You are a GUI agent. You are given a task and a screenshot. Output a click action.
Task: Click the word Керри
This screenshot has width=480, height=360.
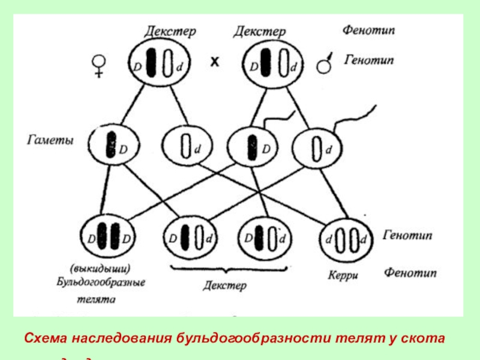(x=343, y=275)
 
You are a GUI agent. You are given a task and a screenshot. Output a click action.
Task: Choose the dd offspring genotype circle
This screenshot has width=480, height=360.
(x=346, y=241)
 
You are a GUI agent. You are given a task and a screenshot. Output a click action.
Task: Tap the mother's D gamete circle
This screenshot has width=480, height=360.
(x=113, y=146)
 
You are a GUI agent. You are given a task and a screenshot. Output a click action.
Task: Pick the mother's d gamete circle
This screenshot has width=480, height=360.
(x=185, y=146)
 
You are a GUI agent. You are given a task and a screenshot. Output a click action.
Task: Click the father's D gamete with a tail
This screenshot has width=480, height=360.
(x=253, y=146)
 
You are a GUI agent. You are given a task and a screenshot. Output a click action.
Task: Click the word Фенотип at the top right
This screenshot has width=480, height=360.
(x=369, y=28)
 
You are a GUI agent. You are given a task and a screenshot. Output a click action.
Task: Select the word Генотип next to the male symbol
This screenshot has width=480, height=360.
(x=370, y=61)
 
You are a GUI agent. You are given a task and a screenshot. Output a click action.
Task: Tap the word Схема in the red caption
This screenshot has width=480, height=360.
(x=46, y=338)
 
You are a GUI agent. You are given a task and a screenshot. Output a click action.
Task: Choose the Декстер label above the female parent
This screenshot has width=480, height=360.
(x=170, y=31)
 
